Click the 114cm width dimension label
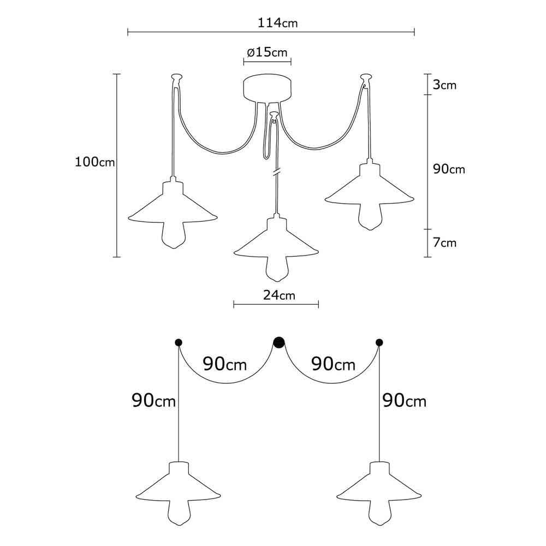pyautogui.click(x=277, y=23)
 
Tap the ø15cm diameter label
pyautogui.click(x=268, y=52)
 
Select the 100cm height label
pyautogui.click(x=94, y=162)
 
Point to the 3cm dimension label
pyautogui.click(x=444, y=85)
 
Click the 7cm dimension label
pyautogui.click(x=444, y=243)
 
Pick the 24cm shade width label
pyautogui.click(x=279, y=295)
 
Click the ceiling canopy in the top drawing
pyautogui.click(x=268, y=88)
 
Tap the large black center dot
pyautogui.click(x=278, y=343)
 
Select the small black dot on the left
pyautogui.click(x=179, y=343)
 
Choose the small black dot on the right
pyautogui.click(x=379, y=343)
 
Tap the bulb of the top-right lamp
pyautogui.click(x=370, y=216)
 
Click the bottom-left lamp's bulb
pyautogui.click(x=179, y=512)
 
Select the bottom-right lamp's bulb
pyautogui.click(x=380, y=512)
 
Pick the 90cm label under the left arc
pyautogui.click(x=225, y=365)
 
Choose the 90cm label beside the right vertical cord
pyautogui.click(x=404, y=401)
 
